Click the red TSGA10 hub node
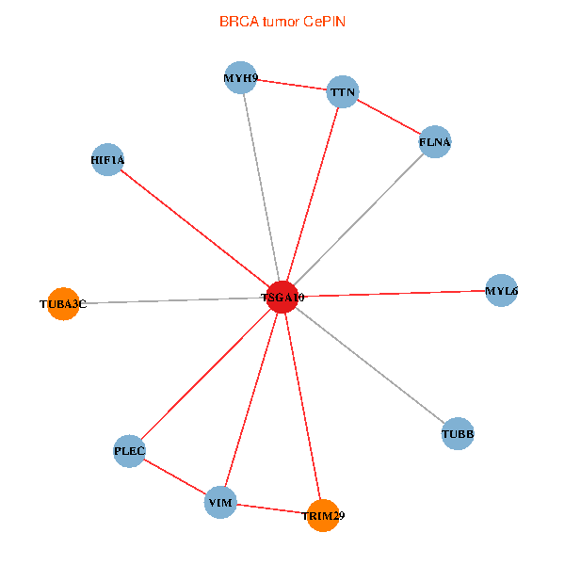click(282, 297)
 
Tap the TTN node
click(342, 92)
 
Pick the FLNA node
click(435, 142)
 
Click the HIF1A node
click(108, 160)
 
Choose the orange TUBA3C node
click(62, 304)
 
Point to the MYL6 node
click(501, 291)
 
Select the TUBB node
click(458, 434)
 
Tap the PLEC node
click(129, 451)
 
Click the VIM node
click(220, 503)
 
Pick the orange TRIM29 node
click(322, 516)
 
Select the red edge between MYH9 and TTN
click(292, 85)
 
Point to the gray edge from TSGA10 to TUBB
click(370, 365)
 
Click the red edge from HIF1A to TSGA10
click(195, 228)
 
